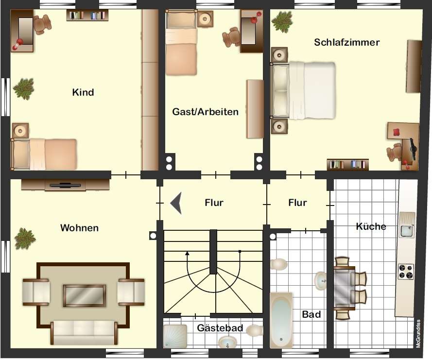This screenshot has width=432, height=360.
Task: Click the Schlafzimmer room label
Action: (x=347, y=42)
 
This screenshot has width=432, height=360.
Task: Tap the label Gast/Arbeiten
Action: (x=205, y=112)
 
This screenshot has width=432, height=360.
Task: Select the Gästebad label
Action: (x=220, y=328)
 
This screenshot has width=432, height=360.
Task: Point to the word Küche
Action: (x=371, y=226)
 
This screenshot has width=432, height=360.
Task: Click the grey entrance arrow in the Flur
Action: (x=176, y=203)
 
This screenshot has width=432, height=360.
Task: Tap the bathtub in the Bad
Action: (x=281, y=320)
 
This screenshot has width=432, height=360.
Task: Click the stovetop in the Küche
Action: (x=406, y=272)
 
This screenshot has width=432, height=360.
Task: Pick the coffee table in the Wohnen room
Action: (x=84, y=295)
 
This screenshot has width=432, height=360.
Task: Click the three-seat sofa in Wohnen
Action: (x=84, y=332)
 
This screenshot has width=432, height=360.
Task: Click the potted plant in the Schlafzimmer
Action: (x=282, y=22)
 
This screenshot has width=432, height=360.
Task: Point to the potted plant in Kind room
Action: (x=24, y=89)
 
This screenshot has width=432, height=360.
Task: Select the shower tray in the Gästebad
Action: (x=175, y=336)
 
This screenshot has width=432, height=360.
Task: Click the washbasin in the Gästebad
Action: (x=227, y=343)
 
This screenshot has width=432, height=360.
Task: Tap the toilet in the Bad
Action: (x=278, y=264)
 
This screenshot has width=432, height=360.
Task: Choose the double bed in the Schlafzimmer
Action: (x=303, y=91)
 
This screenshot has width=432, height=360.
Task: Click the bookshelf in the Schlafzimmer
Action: (x=348, y=164)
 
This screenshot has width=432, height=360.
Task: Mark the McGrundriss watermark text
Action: (x=418, y=333)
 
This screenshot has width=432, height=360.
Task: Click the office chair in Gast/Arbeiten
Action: (x=231, y=37)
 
